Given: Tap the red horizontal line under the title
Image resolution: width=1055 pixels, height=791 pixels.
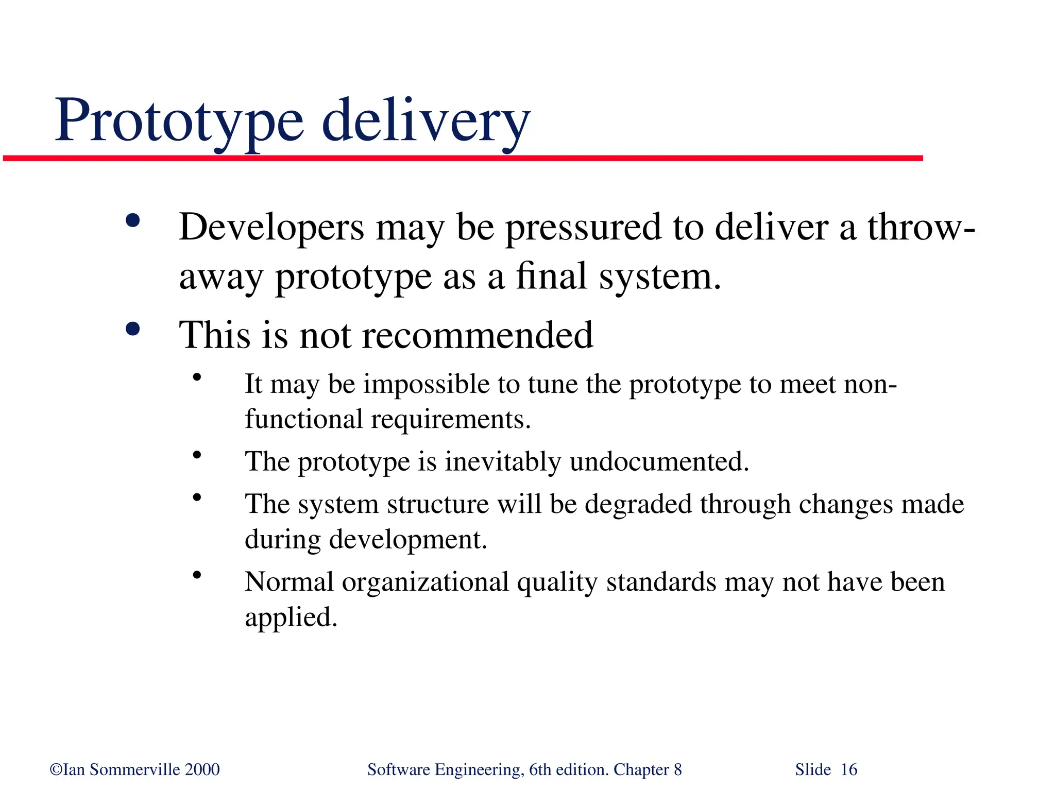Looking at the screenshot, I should (464, 158).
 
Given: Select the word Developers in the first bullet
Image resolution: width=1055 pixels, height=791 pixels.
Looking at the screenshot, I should (271, 228).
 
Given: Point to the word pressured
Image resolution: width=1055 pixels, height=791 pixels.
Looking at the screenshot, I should (583, 228).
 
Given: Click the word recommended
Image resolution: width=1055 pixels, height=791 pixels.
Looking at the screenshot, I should (478, 335).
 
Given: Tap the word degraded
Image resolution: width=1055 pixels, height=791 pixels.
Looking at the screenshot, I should (638, 504).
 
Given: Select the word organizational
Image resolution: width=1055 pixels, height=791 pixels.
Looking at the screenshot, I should (426, 582).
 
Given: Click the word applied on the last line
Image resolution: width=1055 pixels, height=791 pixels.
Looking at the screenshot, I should (291, 617).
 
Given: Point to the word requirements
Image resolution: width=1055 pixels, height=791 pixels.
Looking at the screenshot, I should (450, 419).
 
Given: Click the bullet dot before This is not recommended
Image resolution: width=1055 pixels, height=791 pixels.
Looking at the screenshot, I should (133, 329).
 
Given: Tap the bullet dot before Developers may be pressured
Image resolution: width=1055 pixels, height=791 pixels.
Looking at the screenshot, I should (133, 221).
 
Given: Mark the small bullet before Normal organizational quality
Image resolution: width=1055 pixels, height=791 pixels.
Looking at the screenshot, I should (197, 575).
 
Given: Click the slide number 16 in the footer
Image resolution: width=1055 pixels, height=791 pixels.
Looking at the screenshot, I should (849, 769).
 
